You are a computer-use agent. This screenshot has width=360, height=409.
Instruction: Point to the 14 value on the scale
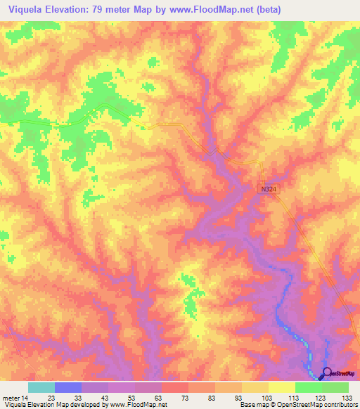[26, 398]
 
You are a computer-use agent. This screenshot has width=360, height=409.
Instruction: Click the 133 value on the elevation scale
[347, 398]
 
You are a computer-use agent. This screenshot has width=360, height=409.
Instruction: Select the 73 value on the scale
[186, 398]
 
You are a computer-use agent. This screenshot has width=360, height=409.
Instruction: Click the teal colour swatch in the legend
[41, 387]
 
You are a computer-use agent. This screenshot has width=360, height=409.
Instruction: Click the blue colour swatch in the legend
[68, 387]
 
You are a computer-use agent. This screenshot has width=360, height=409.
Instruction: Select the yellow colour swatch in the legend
[282, 387]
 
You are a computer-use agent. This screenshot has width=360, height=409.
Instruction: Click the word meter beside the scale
[11, 398]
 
